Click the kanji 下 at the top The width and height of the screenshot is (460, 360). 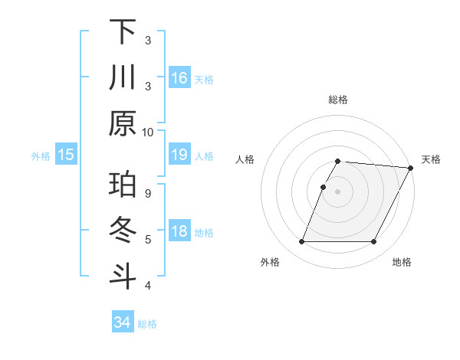[123, 33]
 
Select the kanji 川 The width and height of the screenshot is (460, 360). [123, 78]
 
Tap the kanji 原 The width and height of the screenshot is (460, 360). [123, 123]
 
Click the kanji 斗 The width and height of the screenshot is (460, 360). [123, 277]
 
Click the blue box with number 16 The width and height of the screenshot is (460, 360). [179, 77]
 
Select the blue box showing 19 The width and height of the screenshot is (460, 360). [179, 155]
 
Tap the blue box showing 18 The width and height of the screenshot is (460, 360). [179, 232]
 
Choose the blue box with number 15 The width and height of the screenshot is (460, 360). [66, 155]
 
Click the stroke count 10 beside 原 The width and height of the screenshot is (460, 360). [148, 132]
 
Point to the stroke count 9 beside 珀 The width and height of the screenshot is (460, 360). [148, 194]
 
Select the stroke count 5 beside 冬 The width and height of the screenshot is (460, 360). [148, 239]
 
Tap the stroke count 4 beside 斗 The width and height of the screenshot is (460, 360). [148, 286]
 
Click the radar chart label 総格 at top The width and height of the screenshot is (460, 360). [338, 100]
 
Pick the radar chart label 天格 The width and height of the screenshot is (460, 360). [431, 159]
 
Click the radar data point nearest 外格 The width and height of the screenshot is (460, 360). [301, 242]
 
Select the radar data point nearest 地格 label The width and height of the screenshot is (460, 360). [374, 242]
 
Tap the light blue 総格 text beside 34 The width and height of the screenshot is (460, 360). [148, 324]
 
